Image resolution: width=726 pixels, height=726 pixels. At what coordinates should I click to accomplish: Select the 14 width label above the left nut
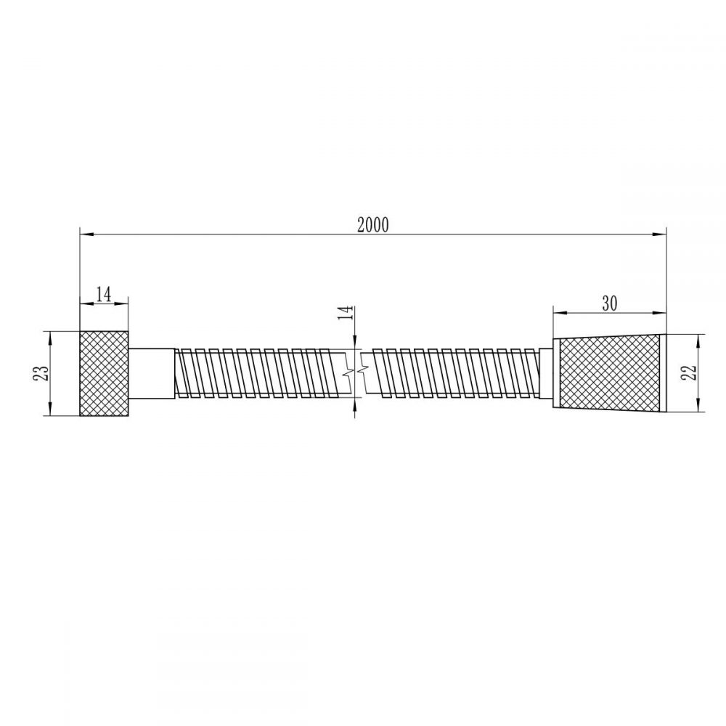(x=103, y=294)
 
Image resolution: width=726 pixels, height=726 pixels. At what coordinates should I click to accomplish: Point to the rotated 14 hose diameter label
(x=346, y=313)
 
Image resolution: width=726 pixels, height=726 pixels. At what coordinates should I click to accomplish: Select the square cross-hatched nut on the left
(x=104, y=373)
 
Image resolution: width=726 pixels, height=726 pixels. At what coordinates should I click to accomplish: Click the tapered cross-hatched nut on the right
(x=610, y=372)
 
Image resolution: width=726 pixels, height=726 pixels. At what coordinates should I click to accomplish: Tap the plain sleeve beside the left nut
(x=151, y=373)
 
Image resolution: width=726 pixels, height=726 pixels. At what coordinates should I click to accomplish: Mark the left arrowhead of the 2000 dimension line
(x=84, y=234)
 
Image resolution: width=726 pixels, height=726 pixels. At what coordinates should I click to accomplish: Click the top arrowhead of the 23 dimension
(x=50, y=336)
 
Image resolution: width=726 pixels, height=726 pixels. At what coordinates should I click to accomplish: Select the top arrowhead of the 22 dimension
(x=698, y=339)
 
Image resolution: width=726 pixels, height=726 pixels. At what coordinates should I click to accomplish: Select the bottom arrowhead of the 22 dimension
(x=698, y=408)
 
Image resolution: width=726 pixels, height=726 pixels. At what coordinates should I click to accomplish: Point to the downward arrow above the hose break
(x=355, y=344)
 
